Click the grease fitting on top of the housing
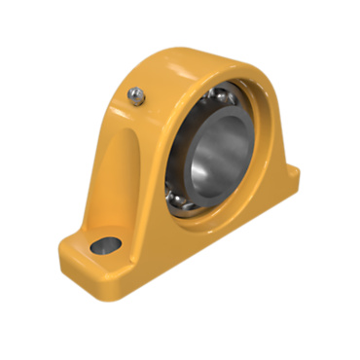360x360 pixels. click(137, 94)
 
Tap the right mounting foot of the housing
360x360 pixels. click(286, 181)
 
